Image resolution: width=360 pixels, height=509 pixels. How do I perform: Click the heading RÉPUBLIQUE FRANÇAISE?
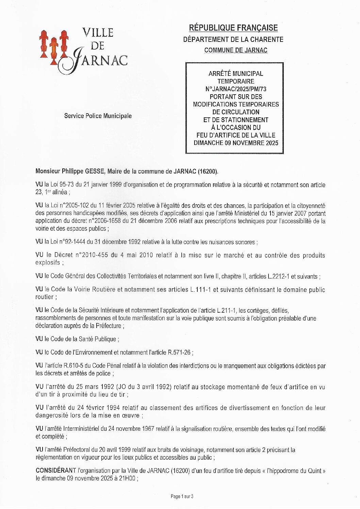(x=233, y=28)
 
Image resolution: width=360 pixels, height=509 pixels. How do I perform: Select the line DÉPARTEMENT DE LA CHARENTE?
(x=233, y=39)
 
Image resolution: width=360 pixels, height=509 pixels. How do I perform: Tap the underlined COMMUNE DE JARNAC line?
(x=235, y=50)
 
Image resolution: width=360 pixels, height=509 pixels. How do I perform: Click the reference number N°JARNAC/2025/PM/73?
(x=236, y=89)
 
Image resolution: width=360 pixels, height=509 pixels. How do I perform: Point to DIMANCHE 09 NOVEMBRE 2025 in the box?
(x=236, y=143)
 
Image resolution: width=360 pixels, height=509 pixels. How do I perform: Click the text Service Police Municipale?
(x=98, y=116)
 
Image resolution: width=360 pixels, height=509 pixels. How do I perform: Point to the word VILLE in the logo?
(x=98, y=33)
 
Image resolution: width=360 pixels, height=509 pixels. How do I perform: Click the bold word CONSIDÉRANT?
(x=56, y=471)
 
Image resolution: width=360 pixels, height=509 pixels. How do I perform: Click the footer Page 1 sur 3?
(x=182, y=496)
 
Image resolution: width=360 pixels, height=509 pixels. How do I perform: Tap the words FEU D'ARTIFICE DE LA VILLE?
(x=236, y=135)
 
